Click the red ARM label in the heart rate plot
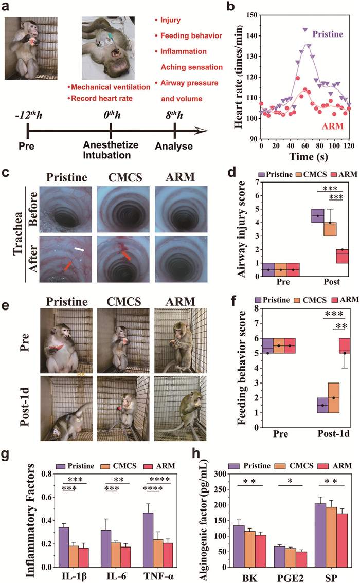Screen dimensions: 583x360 click(332, 125)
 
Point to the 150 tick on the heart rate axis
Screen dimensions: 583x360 click(250, 15)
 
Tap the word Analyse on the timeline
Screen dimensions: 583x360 click(176, 147)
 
